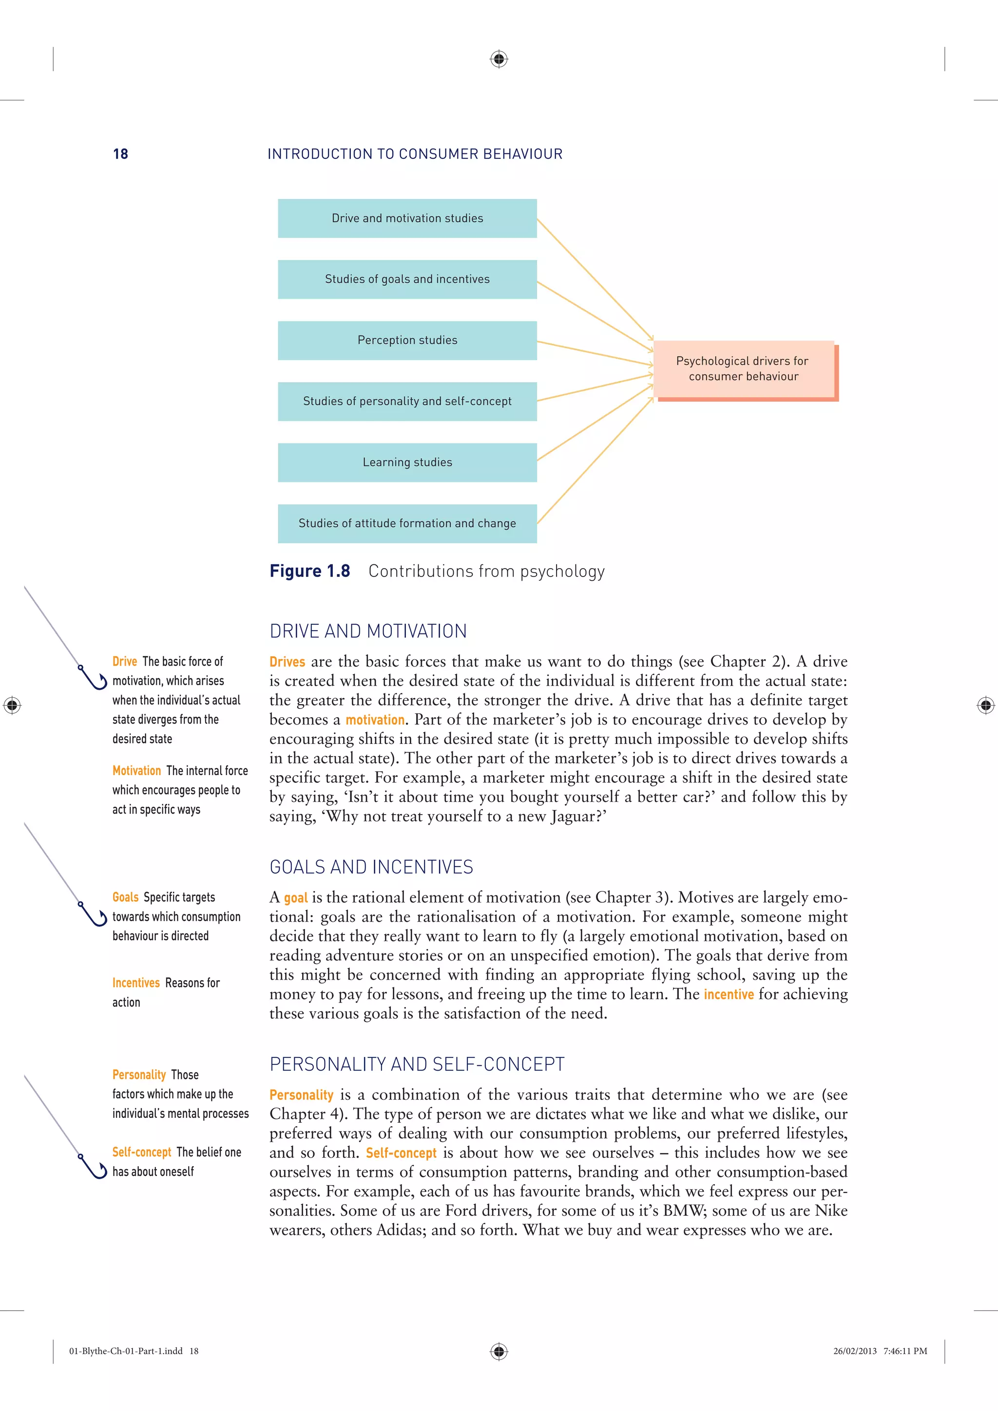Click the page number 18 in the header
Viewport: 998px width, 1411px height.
(120, 154)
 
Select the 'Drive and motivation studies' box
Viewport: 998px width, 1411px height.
(407, 218)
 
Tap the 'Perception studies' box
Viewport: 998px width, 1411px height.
(407, 340)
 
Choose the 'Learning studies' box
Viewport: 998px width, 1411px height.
(407, 462)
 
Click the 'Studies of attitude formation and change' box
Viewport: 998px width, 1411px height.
(407, 523)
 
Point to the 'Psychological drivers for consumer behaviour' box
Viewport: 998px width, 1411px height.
(744, 369)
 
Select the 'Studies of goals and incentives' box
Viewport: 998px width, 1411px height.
(407, 279)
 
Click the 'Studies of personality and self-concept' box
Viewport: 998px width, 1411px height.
(407, 401)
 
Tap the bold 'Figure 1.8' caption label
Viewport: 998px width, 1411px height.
(310, 571)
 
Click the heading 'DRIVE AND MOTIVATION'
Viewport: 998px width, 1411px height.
(368, 631)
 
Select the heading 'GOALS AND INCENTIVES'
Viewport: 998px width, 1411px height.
(371, 867)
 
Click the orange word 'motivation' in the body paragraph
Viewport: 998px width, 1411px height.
(374, 720)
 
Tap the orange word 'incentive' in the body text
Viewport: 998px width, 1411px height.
(728, 994)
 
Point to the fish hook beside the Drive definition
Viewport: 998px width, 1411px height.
(93, 677)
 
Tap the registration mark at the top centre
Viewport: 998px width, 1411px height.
(499, 59)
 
